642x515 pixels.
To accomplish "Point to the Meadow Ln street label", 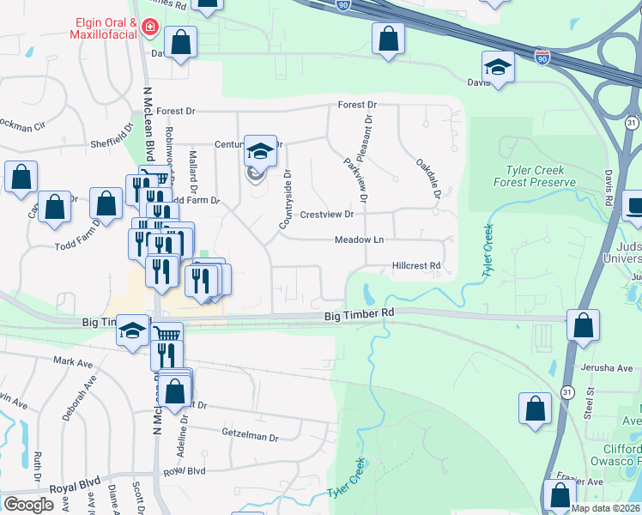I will [x=359, y=240].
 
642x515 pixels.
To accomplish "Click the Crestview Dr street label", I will [x=326, y=214].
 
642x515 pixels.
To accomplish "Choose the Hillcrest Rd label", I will [x=416, y=266].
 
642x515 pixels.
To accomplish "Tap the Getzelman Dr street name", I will [x=251, y=437].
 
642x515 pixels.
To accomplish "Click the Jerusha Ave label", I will [x=606, y=367].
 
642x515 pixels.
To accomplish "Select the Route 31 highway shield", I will [x=567, y=391].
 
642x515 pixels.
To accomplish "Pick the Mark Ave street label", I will [x=73, y=362].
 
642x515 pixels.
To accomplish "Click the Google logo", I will [x=28, y=504].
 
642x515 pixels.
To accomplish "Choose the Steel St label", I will [x=590, y=402].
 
